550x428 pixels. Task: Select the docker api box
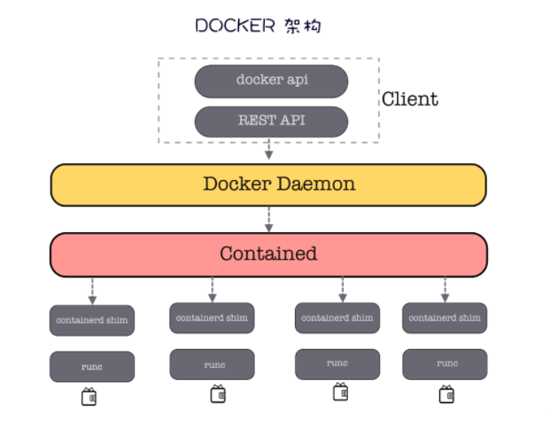pos(271,81)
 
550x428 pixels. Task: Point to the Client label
pos(410,99)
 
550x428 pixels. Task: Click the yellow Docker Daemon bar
pos(268,184)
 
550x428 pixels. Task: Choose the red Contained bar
pos(268,254)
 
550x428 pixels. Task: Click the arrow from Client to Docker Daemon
pos(268,152)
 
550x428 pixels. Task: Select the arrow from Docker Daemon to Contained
pos(268,218)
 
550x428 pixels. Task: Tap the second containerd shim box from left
pos(212,317)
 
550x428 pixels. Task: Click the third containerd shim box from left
pos(337,318)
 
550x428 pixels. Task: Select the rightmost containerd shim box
pos(445,318)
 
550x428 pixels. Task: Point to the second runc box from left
pos(212,364)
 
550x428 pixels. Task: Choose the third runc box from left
pos(337,363)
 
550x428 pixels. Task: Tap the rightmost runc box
pos(445,364)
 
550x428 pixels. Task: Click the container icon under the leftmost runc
pos(89,397)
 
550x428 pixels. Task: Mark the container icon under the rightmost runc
pos(446,394)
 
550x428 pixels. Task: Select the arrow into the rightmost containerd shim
pos(445,289)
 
